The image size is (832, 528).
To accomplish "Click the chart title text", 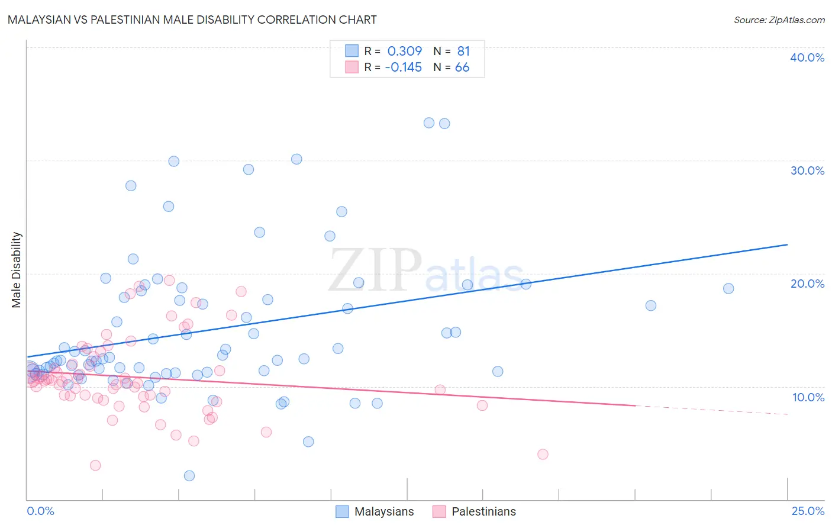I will click(192, 20).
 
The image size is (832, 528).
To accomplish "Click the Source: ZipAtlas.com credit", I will click(779, 20).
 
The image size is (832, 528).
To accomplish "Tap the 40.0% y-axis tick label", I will click(807, 57).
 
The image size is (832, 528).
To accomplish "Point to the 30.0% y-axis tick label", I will click(807, 170).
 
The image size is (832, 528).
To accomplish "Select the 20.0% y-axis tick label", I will click(807, 284).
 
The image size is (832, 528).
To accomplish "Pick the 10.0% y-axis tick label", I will click(808, 397).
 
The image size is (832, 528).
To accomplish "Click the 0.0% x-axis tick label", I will click(40, 511).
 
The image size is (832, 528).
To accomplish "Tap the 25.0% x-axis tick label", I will click(808, 511).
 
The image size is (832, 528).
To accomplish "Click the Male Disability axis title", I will click(16, 269).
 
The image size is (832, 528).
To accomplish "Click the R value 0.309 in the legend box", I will click(404, 51).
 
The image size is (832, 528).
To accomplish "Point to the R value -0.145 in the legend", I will click(403, 67).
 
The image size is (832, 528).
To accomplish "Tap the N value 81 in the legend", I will click(463, 51).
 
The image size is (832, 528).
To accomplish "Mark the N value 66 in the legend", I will click(462, 67).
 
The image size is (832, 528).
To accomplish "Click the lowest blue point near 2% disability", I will click(189, 475).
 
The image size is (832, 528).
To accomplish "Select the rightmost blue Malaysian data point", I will click(728, 288).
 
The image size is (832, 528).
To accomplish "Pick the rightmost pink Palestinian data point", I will click(543, 454).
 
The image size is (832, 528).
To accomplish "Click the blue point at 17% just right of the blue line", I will click(651, 305).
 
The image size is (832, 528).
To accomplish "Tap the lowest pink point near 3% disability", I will click(95, 465).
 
